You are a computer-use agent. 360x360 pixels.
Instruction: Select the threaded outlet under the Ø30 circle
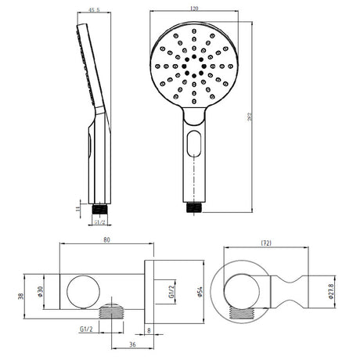click(x=116, y=307)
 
